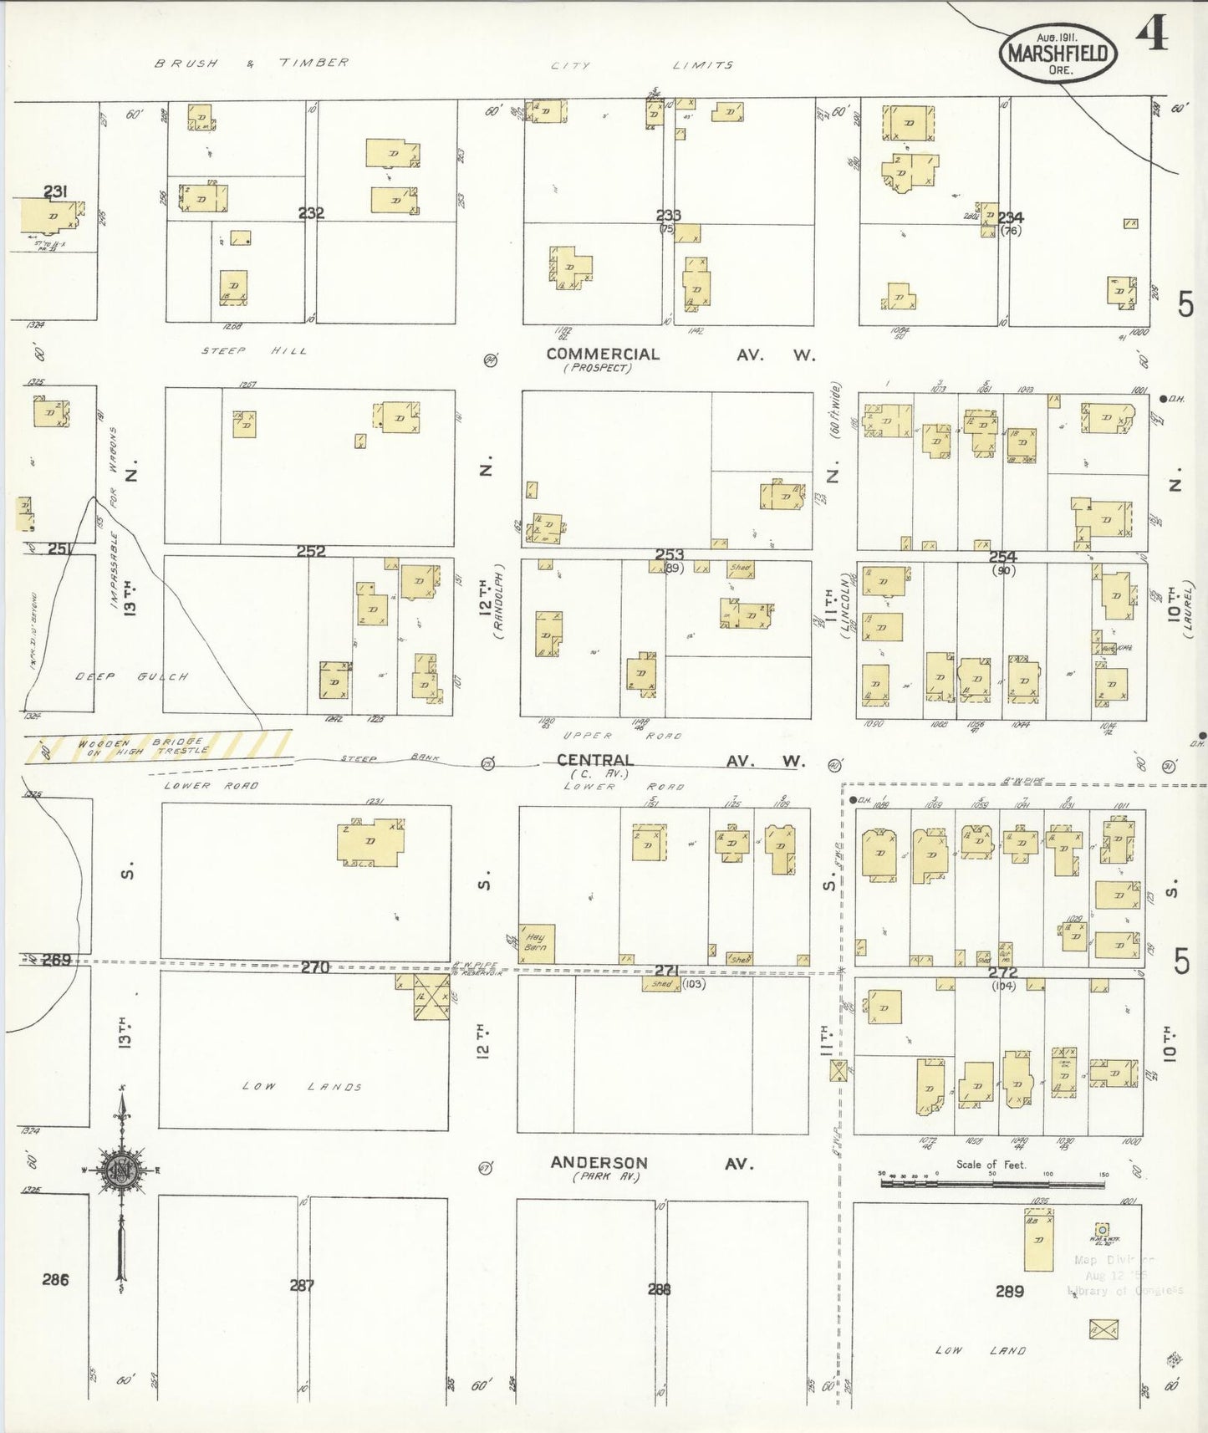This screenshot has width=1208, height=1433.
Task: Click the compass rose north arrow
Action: pyautogui.click(x=123, y=1172)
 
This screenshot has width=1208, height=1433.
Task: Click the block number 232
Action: pyautogui.click(x=311, y=213)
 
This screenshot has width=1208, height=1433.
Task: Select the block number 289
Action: pyautogui.click(x=1009, y=1292)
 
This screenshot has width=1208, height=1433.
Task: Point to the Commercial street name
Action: pyautogui.click(x=603, y=354)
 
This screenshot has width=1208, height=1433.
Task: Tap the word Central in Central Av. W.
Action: pyautogui.click(x=595, y=759)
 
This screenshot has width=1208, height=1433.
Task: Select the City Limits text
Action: pyautogui.click(x=642, y=65)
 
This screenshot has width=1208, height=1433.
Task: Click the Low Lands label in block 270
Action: pyautogui.click(x=303, y=1086)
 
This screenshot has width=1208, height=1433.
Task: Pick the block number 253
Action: pyautogui.click(x=670, y=554)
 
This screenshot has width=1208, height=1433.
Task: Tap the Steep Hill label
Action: pyautogui.click(x=253, y=350)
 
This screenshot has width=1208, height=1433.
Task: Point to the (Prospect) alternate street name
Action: pyautogui.click(x=598, y=368)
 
